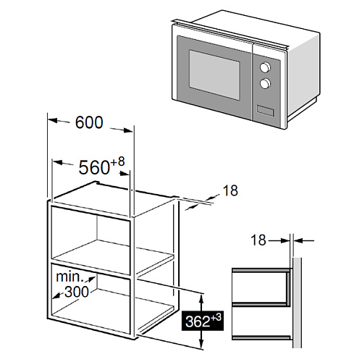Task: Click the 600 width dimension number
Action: coord(89,122)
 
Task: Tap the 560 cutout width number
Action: coord(94,167)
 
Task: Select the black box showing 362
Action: coord(203,321)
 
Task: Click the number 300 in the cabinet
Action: coord(77,292)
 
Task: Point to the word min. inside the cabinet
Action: coord(70,277)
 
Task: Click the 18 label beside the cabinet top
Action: coord(230,190)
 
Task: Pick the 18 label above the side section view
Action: coord(258,240)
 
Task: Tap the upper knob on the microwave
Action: coord(265,67)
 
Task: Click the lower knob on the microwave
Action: coord(265,83)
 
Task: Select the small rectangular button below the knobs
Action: coord(265,111)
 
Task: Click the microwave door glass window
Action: coord(214,75)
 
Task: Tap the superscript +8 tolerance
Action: coord(117,162)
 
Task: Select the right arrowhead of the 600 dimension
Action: coord(128,130)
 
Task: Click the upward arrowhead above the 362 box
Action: coord(202,299)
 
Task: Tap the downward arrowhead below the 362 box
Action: coord(202,344)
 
